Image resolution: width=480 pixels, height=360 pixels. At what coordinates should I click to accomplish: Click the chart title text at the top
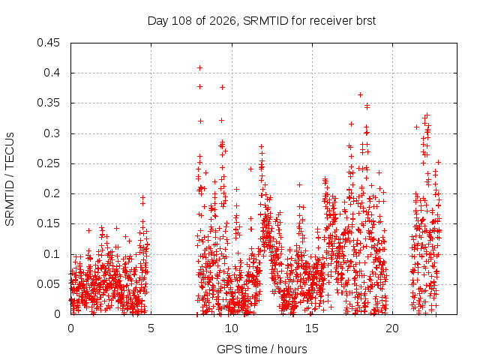click(262, 21)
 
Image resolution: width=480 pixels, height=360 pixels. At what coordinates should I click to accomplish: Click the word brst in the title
click(366, 21)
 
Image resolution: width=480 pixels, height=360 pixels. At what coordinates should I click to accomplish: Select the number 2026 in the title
click(223, 21)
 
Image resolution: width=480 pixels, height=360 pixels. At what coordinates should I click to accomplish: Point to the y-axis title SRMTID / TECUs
click(10, 179)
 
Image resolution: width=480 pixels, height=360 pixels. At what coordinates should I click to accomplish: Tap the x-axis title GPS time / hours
click(262, 349)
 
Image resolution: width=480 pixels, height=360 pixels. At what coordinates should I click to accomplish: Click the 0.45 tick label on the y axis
click(48, 43)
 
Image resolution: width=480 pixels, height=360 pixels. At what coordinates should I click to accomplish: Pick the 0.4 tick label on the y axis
click(52, 73)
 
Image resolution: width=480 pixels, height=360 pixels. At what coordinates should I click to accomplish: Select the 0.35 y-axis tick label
click(48, 103)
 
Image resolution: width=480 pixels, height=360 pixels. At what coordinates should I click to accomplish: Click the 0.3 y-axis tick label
click(52, 133)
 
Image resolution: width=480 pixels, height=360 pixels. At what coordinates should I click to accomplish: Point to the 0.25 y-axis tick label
click(48, 163)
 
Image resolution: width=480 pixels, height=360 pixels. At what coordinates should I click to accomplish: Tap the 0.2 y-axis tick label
click(52, 193)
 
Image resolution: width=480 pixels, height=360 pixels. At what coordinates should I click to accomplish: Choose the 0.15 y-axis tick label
click(48, 223)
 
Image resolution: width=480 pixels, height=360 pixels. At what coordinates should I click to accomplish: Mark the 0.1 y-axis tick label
click(52, 254)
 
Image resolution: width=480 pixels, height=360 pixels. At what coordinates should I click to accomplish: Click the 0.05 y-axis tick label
click(48, 284)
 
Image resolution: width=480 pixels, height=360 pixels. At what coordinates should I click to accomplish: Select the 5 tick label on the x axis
click(151, 328)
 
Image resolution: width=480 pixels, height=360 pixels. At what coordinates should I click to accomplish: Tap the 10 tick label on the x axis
click(232, 328)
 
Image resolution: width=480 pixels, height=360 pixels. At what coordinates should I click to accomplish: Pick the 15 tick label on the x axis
click(312, 328)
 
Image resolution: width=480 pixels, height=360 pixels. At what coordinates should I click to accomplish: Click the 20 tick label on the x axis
click(392, 328)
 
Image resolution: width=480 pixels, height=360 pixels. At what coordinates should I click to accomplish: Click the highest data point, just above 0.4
click(200, 68)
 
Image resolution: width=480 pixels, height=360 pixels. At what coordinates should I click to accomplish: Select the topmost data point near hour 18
click(360, 95)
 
